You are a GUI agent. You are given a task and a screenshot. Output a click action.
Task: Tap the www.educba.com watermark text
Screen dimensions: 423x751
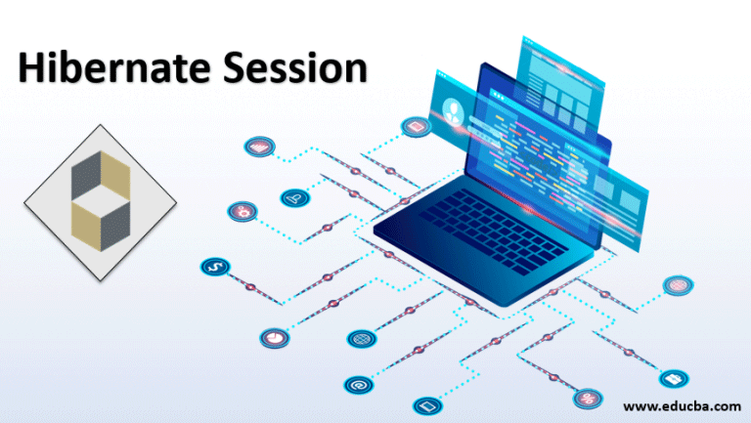682,404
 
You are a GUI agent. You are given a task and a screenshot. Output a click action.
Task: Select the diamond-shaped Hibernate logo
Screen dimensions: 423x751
100,203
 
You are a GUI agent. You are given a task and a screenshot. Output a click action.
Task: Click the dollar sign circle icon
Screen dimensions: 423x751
214,267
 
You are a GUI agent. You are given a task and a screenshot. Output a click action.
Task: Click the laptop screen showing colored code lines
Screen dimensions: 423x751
533,147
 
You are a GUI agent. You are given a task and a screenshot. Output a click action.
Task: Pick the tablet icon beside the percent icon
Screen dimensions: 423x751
424,404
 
